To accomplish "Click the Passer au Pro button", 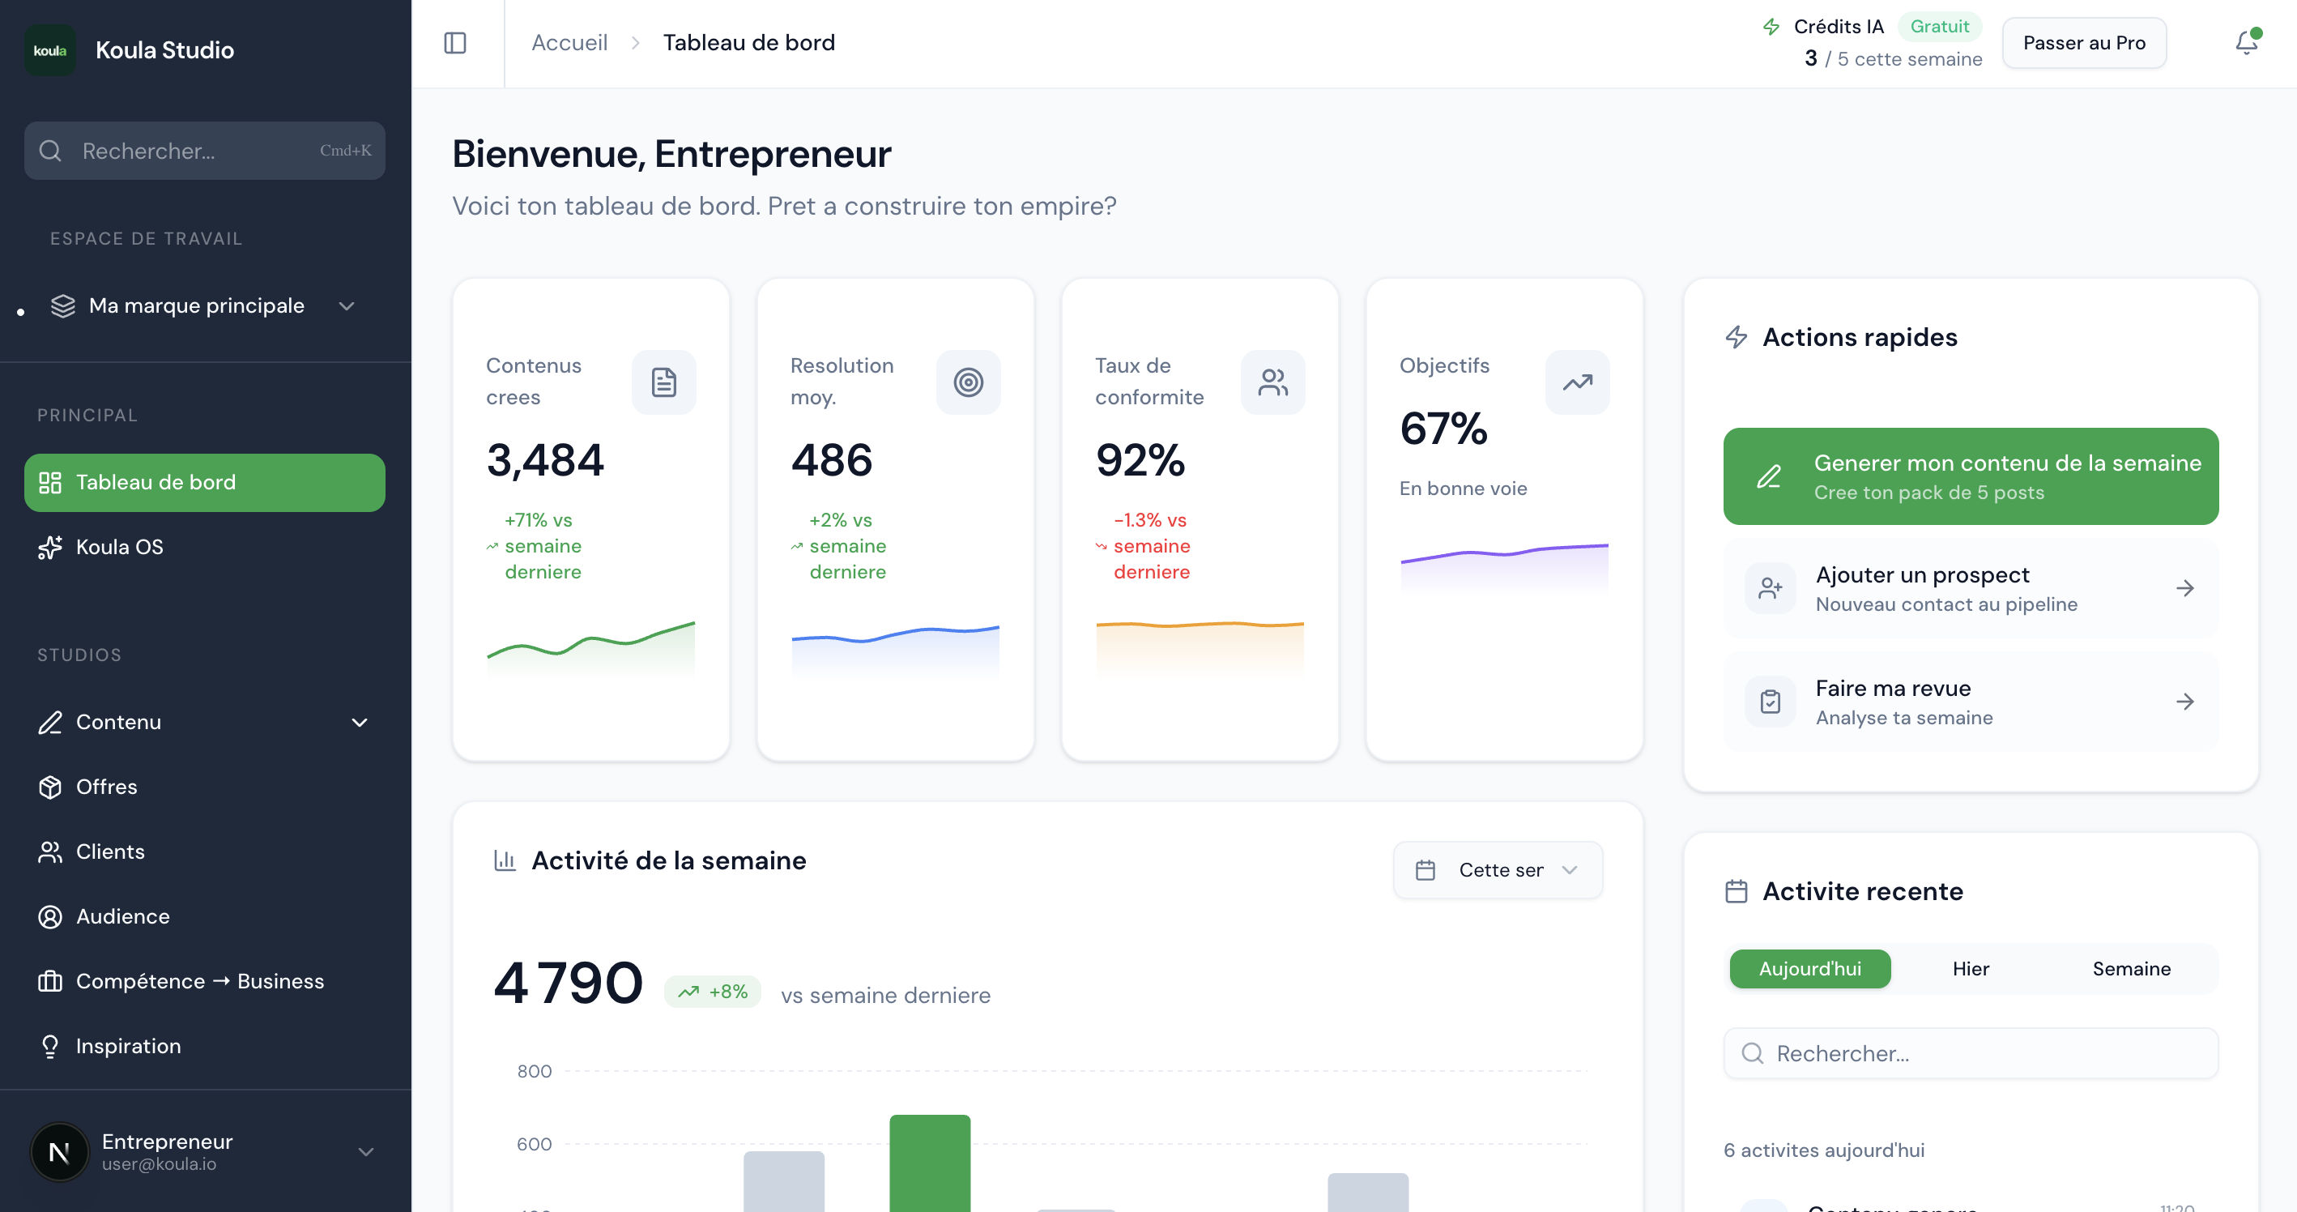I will (x=2083, y=43).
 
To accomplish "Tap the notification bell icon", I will (x=2245, y=43).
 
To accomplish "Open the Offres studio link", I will (x=106, y=787).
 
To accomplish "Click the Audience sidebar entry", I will (x=122, y=916).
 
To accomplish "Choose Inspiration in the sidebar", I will (x=127, y=1046).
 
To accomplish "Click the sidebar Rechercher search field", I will (x=204, y=151).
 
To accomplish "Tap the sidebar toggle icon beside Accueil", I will (x=454, y=43).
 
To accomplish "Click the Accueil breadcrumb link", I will (x=569, y=43).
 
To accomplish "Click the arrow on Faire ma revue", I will (x=2184, y=702).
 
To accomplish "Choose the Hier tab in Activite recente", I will (x=1970, y=968).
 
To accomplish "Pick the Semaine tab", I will (x=2130, y=968).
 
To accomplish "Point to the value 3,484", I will (x=545, y=460).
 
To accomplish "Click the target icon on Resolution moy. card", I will (x=968, y=382).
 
